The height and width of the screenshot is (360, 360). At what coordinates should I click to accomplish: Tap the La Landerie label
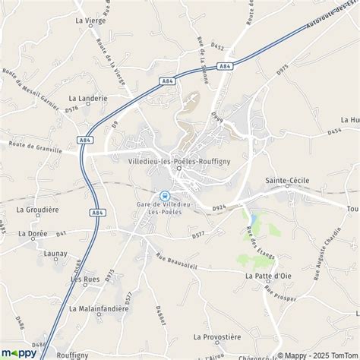(88, 98)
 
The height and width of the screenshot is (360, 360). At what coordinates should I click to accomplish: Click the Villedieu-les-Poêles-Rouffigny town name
(178, 160)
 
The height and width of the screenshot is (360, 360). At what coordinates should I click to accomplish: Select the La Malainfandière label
(99, 309)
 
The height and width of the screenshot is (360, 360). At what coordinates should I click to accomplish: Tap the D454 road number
(334, 132)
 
